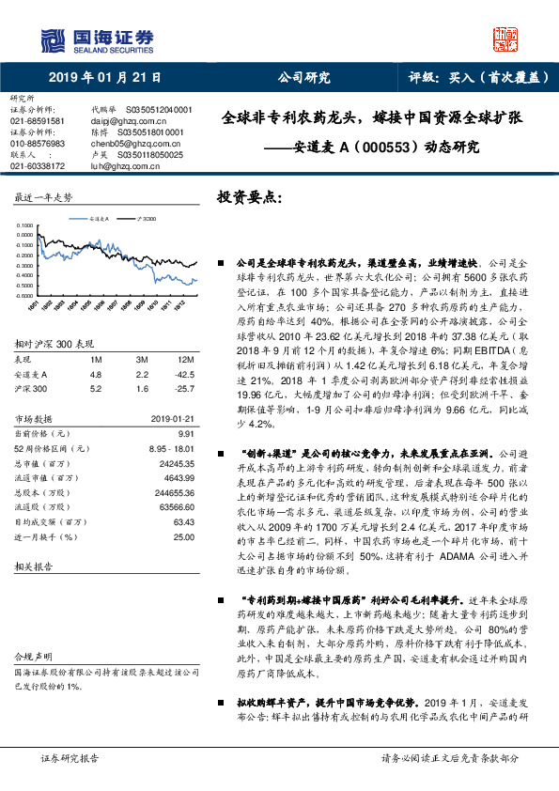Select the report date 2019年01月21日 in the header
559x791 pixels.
click(103, 79)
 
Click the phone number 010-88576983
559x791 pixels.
click(38, 144)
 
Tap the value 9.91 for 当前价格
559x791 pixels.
click(185, 433)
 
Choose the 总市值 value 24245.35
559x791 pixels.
click(178, 464)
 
